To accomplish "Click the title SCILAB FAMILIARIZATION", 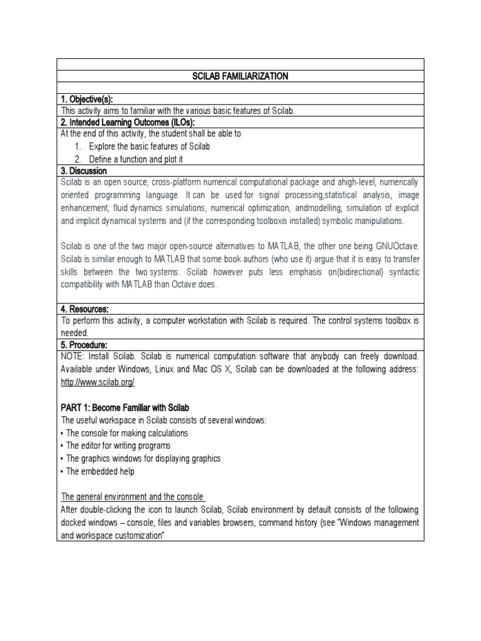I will click(x=240, y=76).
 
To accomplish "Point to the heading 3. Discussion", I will click(x=84, y=170).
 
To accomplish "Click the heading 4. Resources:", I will click(x=85, y=309).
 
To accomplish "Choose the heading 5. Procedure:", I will click(x=85, y=345).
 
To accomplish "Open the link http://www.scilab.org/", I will click(x=97, y=382).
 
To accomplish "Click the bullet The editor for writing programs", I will click(x=118, y=446).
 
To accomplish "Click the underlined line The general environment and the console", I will click(x=133, y=496).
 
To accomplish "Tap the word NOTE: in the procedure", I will click(x=74, y=357).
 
